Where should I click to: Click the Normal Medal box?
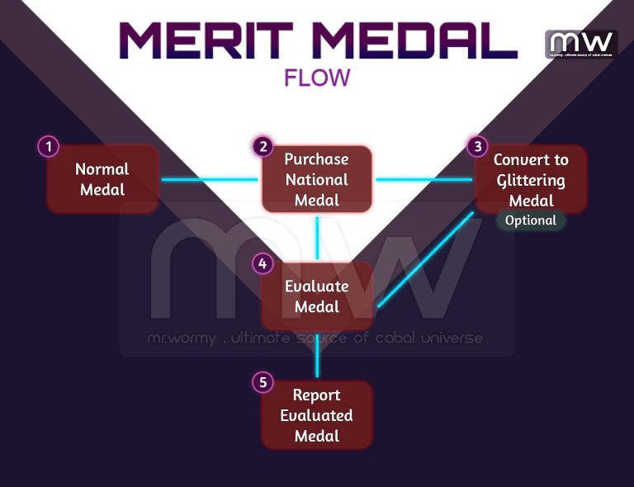102,179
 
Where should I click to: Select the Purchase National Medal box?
317,179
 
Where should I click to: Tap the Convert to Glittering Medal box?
531,179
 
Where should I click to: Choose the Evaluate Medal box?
317,296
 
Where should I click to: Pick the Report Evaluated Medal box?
317,414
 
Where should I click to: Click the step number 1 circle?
49,147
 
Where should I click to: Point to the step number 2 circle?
263,147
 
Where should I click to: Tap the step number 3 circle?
476,147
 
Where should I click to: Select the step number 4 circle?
263,264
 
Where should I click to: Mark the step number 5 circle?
263,382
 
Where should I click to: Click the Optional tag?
531,220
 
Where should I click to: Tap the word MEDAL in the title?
414,39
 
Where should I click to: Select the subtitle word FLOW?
317,78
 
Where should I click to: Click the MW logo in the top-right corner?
581,44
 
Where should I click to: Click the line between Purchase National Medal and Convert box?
424,179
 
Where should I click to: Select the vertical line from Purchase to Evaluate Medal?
317,236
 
